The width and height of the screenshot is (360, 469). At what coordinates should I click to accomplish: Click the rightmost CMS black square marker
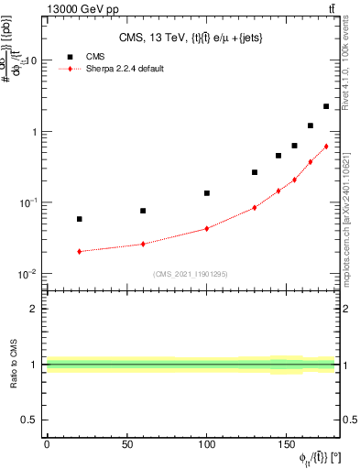[x=326, y=106]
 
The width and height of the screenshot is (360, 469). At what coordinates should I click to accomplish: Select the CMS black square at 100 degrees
[x=207, y=193]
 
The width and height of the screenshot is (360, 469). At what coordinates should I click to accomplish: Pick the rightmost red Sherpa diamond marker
[x=326, y=147]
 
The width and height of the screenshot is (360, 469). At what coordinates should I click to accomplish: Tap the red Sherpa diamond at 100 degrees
[x=207, y=228]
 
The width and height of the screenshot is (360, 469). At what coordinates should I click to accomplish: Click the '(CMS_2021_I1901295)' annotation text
[x=190, y=274]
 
